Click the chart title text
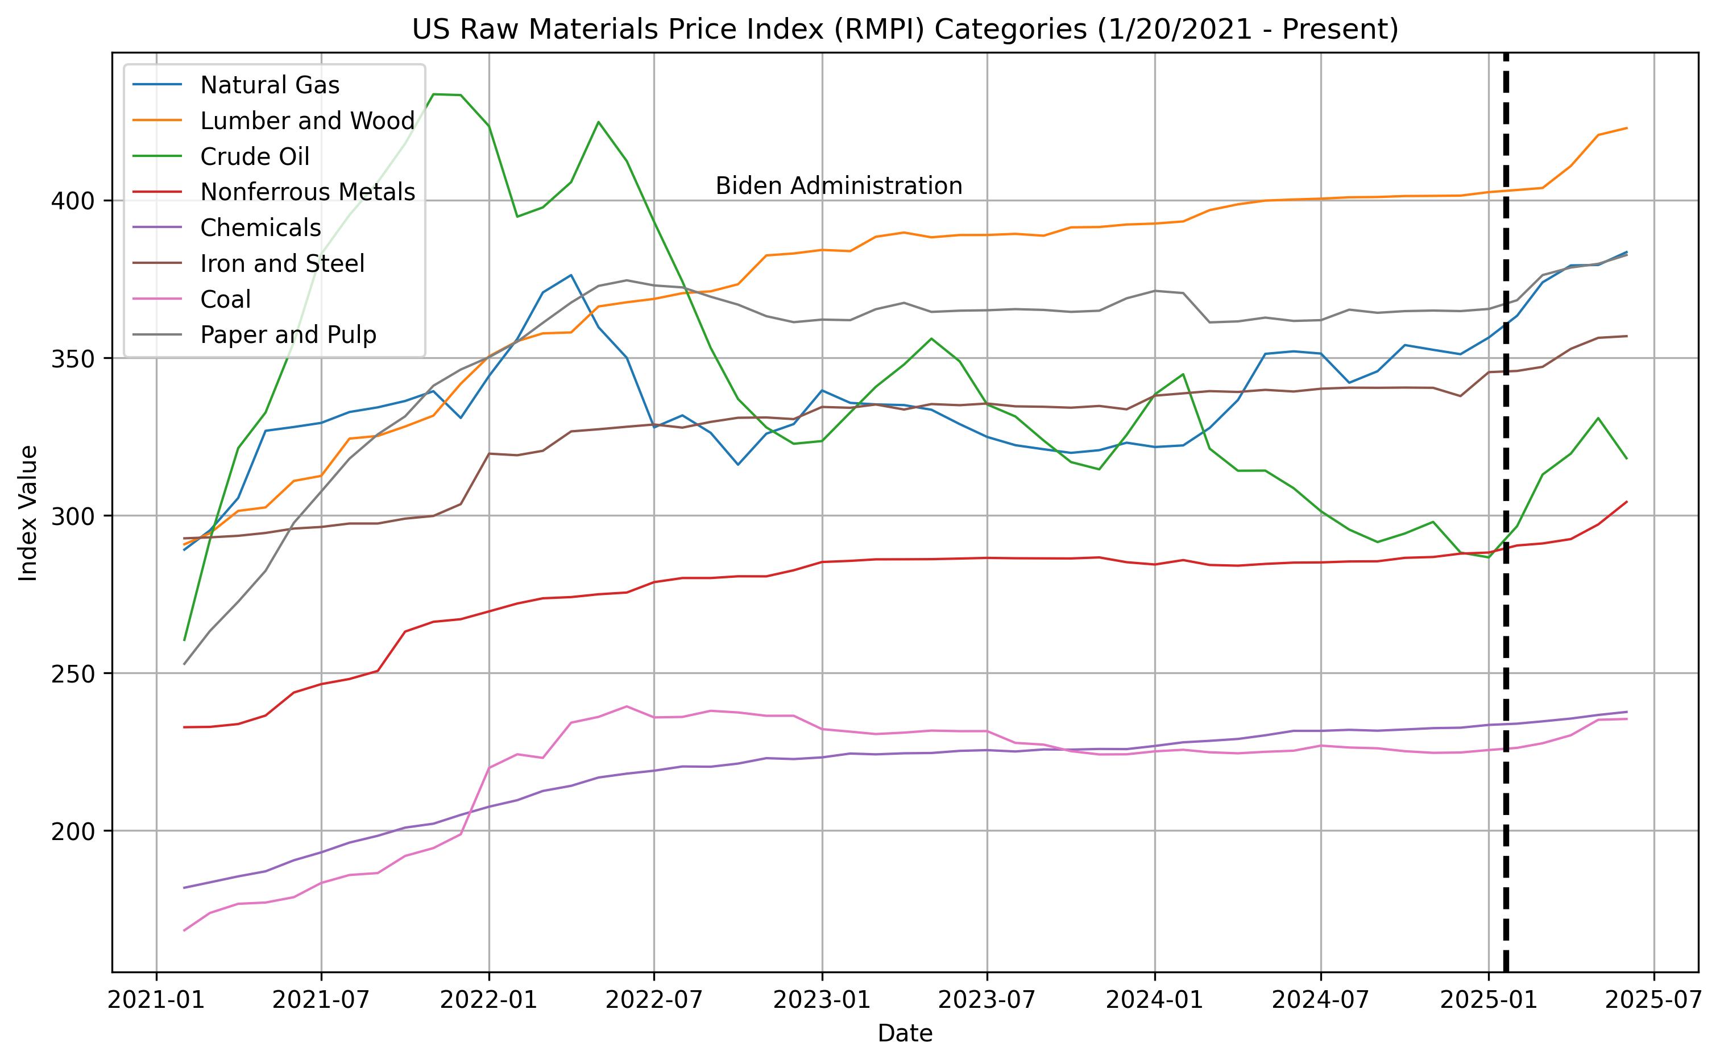(905, 30)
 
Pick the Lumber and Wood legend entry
(307, 121)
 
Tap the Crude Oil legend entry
(254, 157)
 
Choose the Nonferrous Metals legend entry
(307, 192)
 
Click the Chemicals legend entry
(260, 228)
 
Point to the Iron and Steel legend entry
(282, 264)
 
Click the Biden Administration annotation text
(839, 187)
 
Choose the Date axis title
(905, 1033)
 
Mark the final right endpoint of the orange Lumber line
(1627, 128)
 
